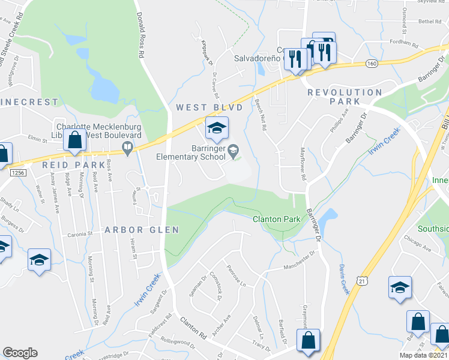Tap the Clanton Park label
(276, 220)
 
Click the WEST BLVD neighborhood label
(209, 107)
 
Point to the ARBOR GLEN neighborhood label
(142, 230)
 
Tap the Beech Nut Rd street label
(262, 112)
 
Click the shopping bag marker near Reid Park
(74, 140)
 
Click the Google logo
(20, 353)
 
